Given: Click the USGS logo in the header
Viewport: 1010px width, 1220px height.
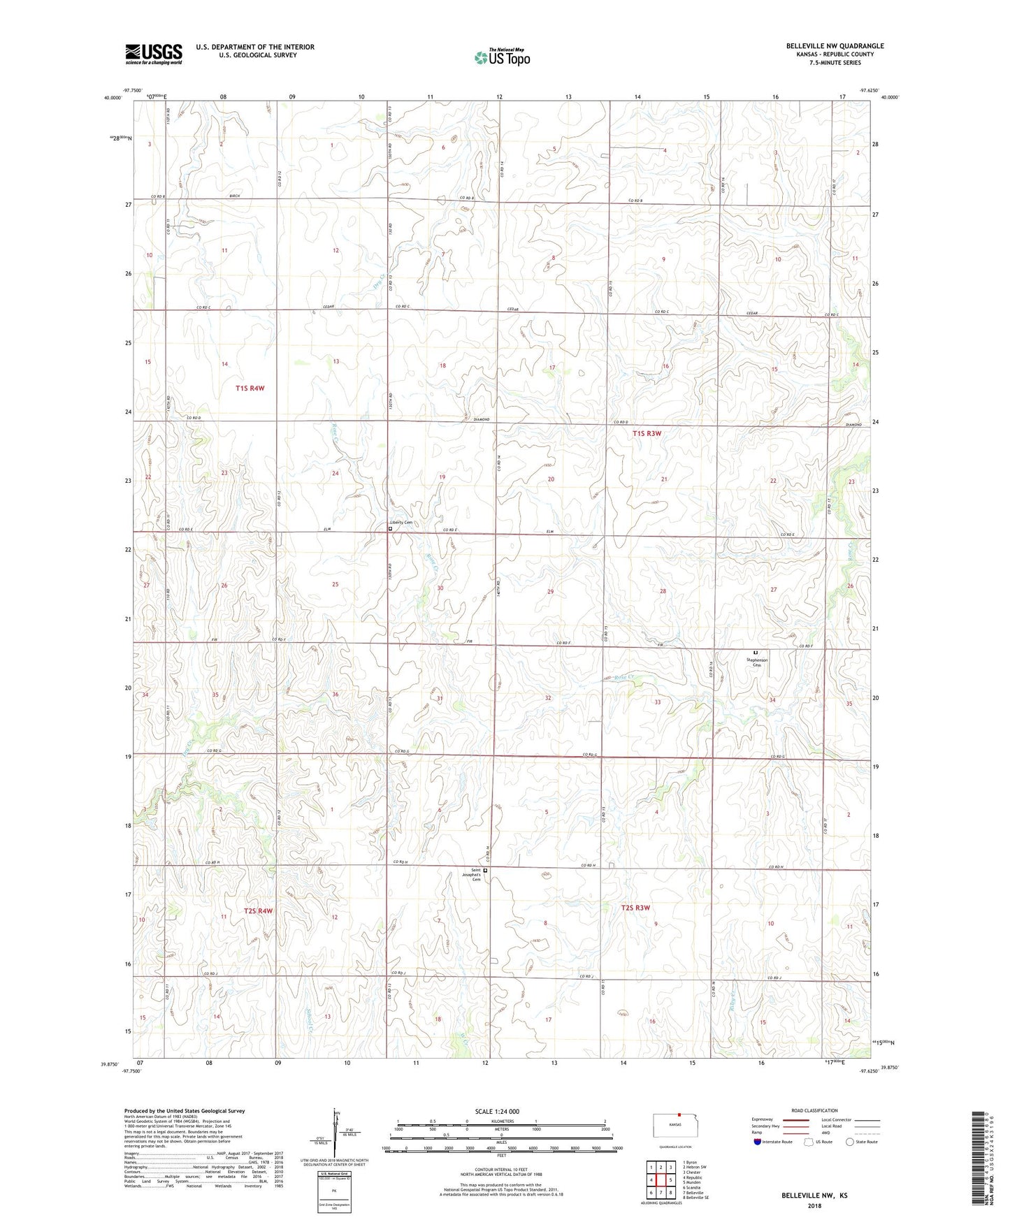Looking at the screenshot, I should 154,54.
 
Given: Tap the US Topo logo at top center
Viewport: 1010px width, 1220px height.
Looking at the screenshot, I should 501,57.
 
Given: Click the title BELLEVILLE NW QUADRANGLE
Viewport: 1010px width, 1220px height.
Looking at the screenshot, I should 835,46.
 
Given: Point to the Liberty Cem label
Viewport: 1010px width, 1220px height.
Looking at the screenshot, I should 401,523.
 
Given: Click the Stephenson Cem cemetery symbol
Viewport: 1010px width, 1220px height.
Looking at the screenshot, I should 756,653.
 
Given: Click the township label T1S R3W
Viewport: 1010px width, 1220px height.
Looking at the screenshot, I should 647,433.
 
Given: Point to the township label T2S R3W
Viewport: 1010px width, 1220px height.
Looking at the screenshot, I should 635,908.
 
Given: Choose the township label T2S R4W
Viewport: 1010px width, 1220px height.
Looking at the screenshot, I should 258,910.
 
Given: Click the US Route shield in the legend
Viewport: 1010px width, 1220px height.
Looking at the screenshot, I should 809,1142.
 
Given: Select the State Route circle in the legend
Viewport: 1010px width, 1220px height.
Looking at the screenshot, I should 850,1142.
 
